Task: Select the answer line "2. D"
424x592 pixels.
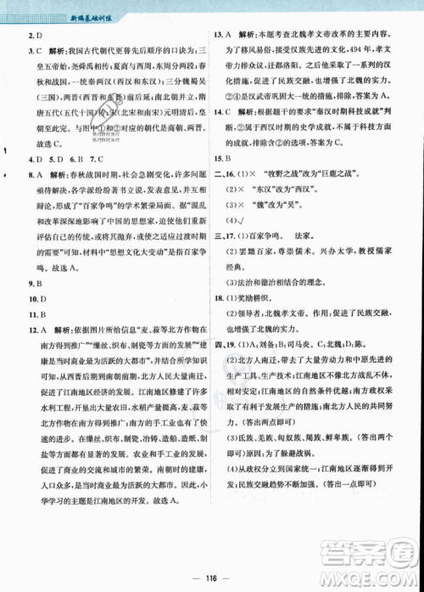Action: click(x=34, y=35)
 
